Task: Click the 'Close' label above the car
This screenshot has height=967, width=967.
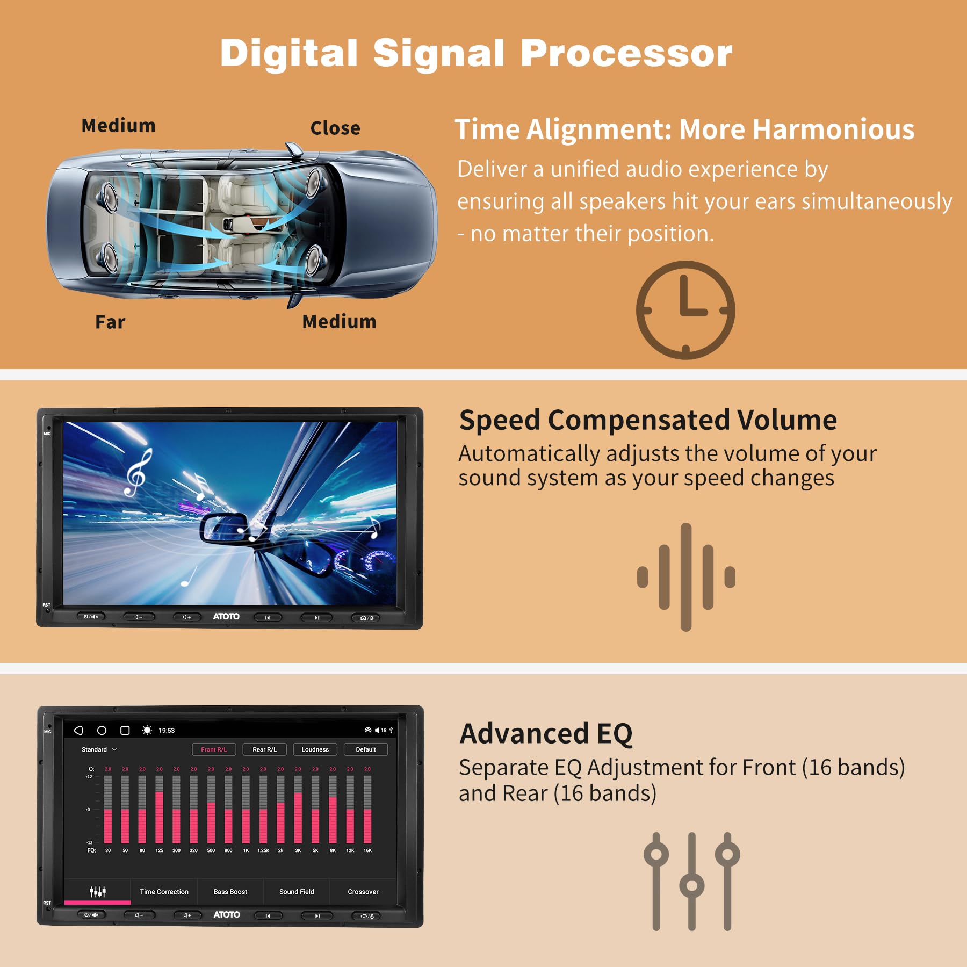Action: click(335, 128)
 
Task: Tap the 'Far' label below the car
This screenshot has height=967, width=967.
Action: click(110, 322)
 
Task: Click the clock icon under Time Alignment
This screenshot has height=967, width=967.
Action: click(685, 310)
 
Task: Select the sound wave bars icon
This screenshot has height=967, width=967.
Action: click(685, 577)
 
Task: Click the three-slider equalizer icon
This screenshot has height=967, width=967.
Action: click(691, 881)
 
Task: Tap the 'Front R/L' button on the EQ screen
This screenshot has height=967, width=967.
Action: click(214, 749)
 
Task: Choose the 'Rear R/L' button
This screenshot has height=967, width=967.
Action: click(264, 749)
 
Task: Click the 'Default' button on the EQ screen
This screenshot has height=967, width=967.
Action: click(365, 749)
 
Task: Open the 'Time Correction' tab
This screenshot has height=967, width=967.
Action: click(164, 892)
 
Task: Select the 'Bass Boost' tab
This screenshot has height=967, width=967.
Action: click(230, 892)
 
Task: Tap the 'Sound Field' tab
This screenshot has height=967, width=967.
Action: click(297, 892)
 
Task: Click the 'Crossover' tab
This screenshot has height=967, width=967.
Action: click(363, 892)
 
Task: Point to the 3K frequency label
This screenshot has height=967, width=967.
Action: click(298, 850)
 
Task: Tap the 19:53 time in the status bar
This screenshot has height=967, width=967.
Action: click(167, 731)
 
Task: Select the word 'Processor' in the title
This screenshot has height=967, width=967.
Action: click(626, 53)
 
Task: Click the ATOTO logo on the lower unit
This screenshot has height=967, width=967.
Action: click(226, 914)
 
